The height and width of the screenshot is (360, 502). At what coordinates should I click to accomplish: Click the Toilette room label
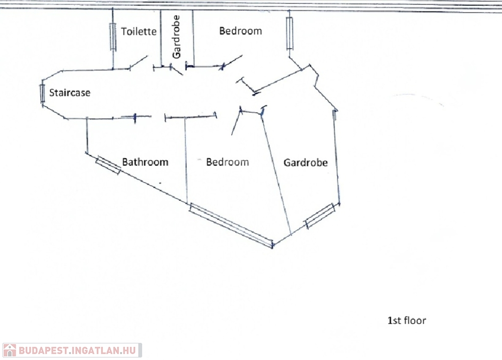click(139, 31)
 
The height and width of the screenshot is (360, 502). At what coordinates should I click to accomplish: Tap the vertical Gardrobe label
click(176, 37)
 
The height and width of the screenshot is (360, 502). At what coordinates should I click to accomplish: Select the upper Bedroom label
click(240, 31)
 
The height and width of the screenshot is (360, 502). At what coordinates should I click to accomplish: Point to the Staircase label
click(70, 93)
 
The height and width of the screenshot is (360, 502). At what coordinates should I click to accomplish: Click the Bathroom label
click(145, 162)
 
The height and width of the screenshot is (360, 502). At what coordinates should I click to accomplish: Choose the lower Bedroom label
click(227, 162)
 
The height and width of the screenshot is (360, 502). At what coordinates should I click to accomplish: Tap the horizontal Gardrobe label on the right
click(305, 163)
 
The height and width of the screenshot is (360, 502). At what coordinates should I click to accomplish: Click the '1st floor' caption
click(406, 320)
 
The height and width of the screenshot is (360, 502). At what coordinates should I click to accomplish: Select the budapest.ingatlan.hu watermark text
click(77, 350)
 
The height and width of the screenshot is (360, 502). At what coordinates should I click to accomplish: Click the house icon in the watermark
click(10, 350)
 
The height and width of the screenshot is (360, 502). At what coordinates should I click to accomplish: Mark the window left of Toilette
click(113, 37)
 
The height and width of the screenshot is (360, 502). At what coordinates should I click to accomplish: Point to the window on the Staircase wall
click(42, 93)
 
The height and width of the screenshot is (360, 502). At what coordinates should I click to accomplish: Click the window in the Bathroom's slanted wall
click(108, 166)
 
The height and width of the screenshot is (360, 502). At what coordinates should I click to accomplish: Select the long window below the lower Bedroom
click(231, 225)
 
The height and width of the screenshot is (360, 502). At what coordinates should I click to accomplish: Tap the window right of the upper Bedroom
click(289, 33)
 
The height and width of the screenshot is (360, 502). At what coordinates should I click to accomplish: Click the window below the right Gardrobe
click(320, 216)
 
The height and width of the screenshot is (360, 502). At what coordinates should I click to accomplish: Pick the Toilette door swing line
click(138, 62)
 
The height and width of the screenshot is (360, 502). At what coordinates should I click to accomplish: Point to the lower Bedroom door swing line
click(236, 121)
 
